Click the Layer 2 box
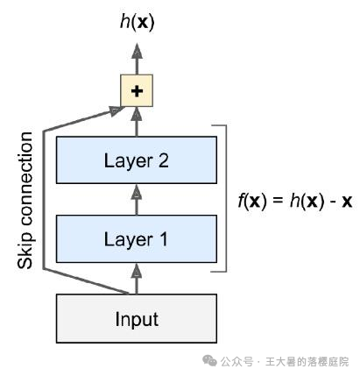(x=136, y=160)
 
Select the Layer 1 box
(x=136, y=238)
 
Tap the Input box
(x=136, y=317)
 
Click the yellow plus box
(x=136, y=89)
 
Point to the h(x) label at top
(x=136, y=21)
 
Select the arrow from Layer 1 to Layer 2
(x=136, y=199)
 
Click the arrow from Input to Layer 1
(x=136, y=278)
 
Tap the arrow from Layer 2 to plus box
(x=136, y=120)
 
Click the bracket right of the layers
(x=227, y=199)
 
